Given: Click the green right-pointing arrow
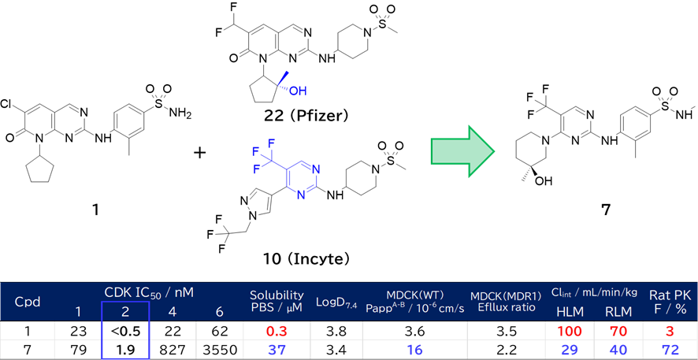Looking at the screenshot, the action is (x=462, y=151).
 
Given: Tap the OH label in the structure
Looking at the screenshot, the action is (x=298, y=91).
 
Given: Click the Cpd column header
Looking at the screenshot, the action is (x=28, y=302).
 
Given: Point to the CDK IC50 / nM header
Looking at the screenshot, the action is (x=149, y=292).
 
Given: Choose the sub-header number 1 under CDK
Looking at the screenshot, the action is (x=78, y=311).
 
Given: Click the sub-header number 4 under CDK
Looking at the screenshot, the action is (x=173, y=311).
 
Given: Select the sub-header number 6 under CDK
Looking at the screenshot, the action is (x=219, y=311).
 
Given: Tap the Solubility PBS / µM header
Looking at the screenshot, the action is (x=277, y=301).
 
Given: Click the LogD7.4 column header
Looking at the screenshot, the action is (x=336, y=302).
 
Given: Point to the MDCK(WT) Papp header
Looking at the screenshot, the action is (x=414, y=301).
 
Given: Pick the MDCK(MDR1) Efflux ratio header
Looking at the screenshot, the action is (x=503, y=301).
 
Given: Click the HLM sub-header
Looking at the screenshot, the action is (x=570, y=311).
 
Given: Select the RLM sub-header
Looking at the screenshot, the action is (x=618, y=311).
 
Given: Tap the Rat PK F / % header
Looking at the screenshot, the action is (x=670, y=301).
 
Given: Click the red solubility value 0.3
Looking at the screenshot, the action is (x=276, y=329).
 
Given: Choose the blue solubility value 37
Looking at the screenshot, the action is (x=276, y=350).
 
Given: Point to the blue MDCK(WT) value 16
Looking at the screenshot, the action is (x=414, y=350).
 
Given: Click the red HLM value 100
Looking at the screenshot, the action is (x=570, y=329).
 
